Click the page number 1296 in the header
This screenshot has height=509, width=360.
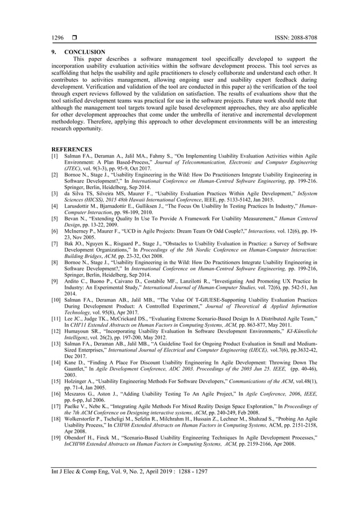click(x=56, y=38)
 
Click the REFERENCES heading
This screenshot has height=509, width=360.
click(x=69, y=150)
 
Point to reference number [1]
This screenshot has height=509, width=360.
click(x=55, y=156)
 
